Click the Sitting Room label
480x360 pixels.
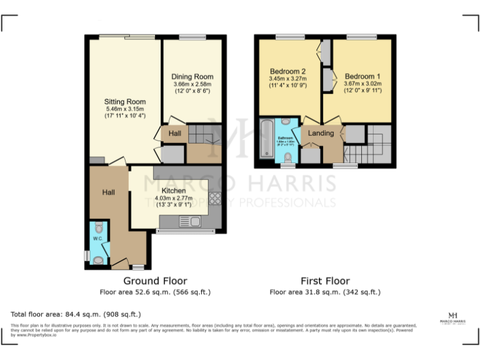tap(125, 101)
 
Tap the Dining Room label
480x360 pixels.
tap(192, 77)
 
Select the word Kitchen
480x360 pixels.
tap(173, 191)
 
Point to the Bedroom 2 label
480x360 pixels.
tap(287, 71)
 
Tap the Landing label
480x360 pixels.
tap(321, 133)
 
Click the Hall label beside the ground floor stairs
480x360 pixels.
tap(174, 134)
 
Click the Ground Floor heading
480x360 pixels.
tap(155, 281)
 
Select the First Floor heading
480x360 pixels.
tap(325, 281)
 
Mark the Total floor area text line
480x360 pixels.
tap(76, 314)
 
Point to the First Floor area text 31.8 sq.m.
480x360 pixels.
tap(325, 292)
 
